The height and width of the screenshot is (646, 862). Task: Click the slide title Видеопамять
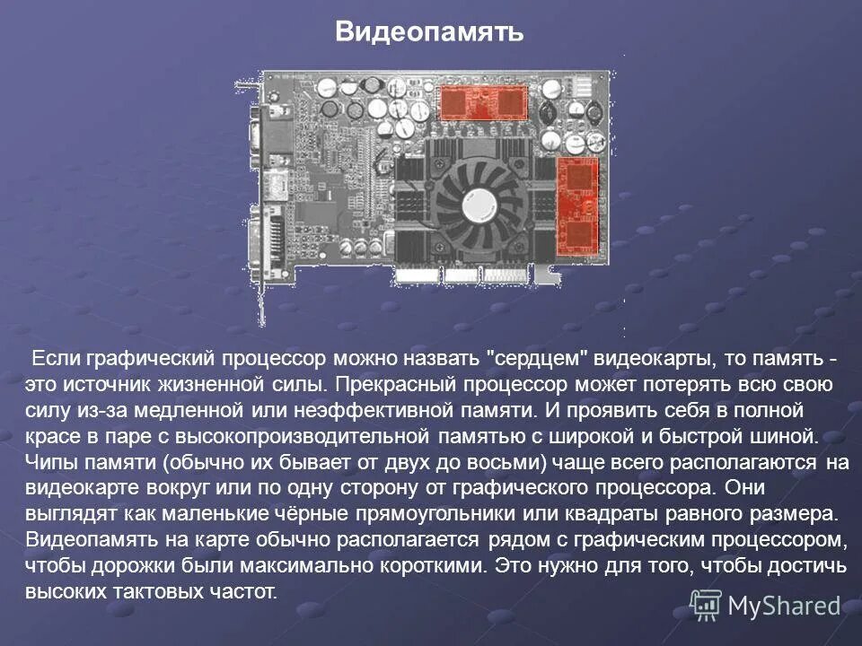[x=429, y=33]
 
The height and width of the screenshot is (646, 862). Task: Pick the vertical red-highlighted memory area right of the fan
[x=579, y=205]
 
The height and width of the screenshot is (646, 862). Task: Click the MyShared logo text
[x=784, y=606]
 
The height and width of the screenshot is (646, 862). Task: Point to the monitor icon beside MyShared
[x=706, y=606]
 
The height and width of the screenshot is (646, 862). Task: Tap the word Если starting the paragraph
[x=56, y=360]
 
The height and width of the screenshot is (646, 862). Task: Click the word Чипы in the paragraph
[x=53, y=464]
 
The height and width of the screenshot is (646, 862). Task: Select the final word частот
[x=245, y=593]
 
